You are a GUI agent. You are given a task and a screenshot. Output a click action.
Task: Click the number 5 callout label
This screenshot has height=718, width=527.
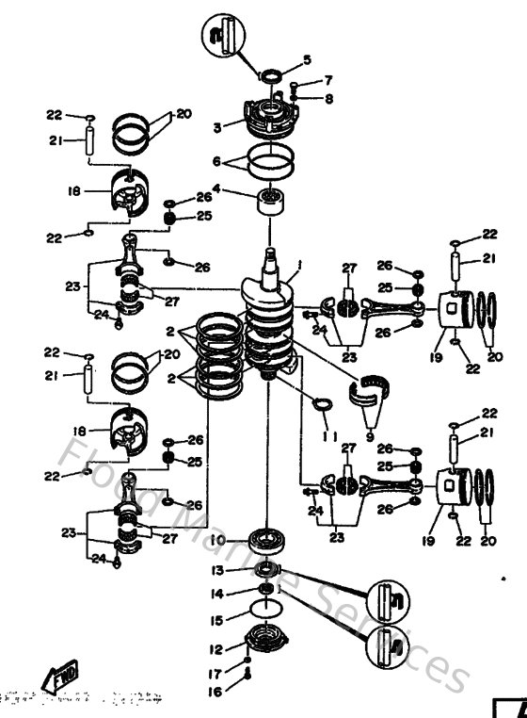point(306,61)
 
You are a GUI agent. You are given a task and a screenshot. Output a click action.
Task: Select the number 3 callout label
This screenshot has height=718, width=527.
point(216,126)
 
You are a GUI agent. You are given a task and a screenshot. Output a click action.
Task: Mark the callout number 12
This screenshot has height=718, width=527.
point(216,649)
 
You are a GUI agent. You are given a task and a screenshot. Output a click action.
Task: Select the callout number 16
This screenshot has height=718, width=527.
point(216,691)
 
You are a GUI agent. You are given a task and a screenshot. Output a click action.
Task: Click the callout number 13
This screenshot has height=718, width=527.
point(216,571)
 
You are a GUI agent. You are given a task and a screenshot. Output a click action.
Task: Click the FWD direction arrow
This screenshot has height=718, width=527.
point(60,677)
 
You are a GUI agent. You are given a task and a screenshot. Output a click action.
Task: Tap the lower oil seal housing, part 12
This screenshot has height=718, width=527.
point(266,646)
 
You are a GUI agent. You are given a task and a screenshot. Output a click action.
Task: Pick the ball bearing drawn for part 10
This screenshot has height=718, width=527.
point(268,543)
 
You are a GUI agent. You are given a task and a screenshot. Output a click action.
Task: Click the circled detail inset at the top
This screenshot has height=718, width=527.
point(223,37)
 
